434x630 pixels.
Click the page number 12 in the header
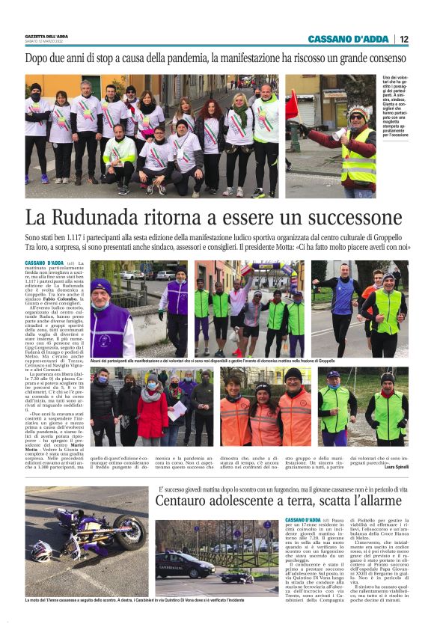click(x=404, y=39)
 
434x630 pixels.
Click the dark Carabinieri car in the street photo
click(x=185, y=566)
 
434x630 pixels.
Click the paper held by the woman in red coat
click(x=177, y=411)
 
